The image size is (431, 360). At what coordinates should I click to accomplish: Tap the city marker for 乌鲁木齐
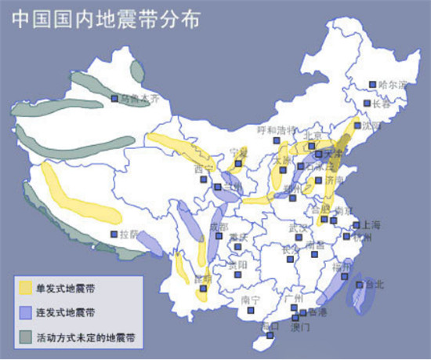pos(114,99)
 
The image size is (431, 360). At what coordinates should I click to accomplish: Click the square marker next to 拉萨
pos(114,234)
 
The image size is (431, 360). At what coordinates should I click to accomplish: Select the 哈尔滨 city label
pos(393,84)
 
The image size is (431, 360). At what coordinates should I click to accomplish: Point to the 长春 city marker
pos(366,104)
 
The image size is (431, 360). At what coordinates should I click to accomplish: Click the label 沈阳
pos(371,125)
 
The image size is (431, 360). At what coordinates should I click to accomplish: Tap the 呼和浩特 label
pos(278,129)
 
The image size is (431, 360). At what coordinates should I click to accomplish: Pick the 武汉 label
pos(299,227)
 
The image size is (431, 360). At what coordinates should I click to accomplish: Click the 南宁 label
pos(250,300)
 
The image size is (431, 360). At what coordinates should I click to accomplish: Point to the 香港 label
pos(317,312)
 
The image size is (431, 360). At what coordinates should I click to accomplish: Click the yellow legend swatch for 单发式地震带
pos(27,289)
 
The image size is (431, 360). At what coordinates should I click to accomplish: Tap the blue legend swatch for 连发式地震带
pos(27,312)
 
